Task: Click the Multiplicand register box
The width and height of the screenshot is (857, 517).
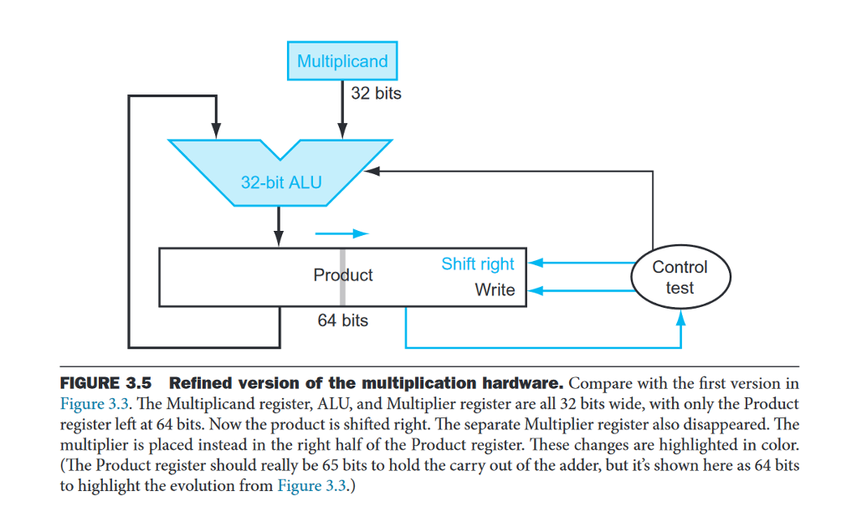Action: pos(342,61)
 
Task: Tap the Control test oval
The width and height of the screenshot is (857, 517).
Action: pos(680,277)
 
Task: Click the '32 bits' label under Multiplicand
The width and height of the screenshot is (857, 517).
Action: pos(376,94)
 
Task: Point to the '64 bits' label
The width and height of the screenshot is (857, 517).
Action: pos(342,320)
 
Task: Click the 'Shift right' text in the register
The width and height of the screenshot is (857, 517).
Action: pos(478,264)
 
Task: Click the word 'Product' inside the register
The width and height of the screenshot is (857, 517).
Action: pos(343,275)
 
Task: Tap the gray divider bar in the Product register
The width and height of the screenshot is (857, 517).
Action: pos(342,277)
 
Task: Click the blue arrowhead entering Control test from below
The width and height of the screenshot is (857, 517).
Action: pos(680,316)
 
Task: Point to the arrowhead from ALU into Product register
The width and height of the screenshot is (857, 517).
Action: pos(280,241)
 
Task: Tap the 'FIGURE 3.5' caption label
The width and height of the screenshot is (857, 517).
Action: pos(105,384)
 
